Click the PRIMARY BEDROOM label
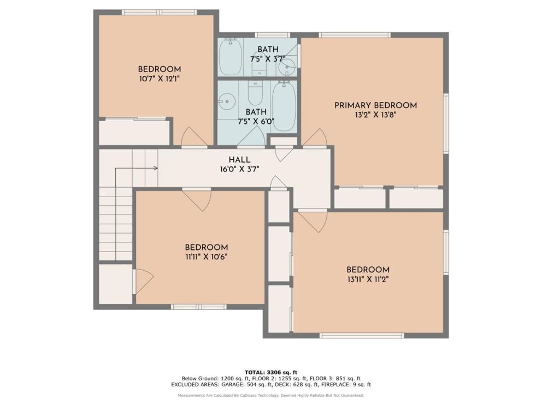coord(375,105)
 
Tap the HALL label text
coord(239,160)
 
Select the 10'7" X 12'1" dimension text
coord(160,79)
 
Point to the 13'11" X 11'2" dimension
coord(368,279)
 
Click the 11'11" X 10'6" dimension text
coord(207,257)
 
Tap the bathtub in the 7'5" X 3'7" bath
coord(230,57)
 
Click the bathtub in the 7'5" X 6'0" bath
coord(284,106)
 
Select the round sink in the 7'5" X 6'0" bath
coord(226,101)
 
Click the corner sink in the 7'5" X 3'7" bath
coord(288,65)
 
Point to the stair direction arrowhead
coord(156,169)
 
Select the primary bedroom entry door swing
coord(315,138)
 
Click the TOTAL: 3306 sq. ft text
coord(271,372)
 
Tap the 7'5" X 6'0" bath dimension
coord(256,122)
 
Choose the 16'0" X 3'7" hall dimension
coord(239,170)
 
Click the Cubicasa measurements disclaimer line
coord(271,395)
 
